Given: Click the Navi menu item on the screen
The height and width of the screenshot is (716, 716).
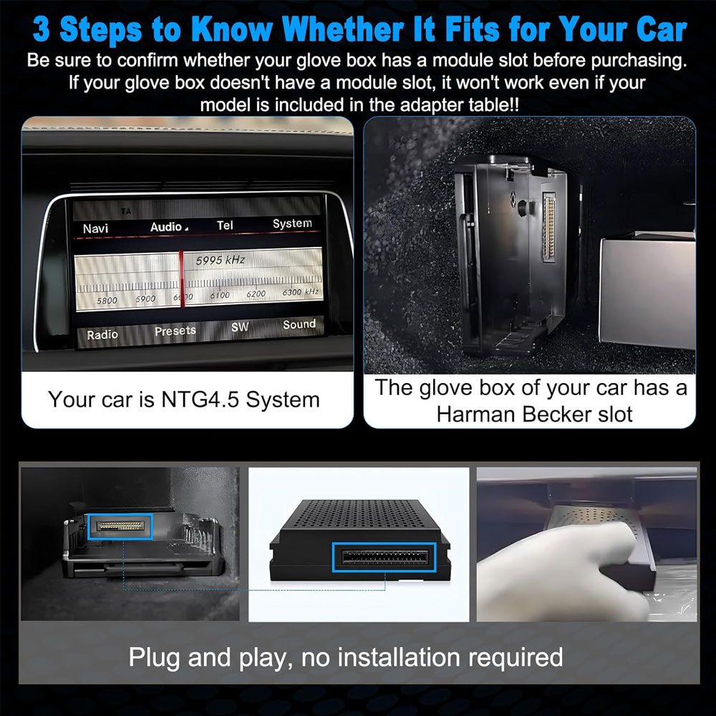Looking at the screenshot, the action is [95, 228].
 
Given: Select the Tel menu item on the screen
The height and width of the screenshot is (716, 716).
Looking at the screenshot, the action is [225, 225].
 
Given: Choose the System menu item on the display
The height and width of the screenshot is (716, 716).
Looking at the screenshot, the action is [292, 223].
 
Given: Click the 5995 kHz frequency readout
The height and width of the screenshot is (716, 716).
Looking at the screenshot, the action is [220, 261].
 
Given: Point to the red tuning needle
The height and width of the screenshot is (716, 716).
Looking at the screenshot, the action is [182, 279].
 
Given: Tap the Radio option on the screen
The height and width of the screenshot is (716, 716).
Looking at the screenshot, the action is [102, 334].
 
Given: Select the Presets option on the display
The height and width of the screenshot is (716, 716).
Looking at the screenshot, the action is [175, 331].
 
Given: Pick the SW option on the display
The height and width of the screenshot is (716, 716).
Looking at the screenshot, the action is [240, 327].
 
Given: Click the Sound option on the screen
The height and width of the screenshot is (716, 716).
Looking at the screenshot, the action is [299, 324].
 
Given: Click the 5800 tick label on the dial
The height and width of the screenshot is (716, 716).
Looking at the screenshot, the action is [107, 301].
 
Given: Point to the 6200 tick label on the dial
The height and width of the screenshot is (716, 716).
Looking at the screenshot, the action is [256, 294].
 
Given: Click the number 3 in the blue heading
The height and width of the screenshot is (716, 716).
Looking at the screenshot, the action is [42, 29].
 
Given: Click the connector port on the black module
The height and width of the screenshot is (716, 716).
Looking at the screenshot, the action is [384, 557].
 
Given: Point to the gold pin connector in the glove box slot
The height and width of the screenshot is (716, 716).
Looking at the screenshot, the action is [120, 526].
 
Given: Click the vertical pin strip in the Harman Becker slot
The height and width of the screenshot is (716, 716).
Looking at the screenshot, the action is [548, 228].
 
